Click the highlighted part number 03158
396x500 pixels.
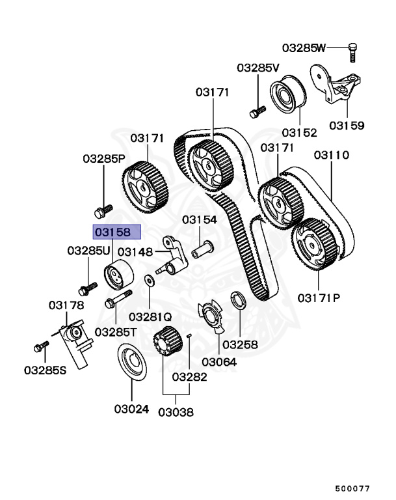tap(114, 231)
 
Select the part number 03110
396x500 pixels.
tap(332, 156)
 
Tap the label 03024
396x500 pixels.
tap(131, 410)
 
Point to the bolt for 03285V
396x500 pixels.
tap(257, 111)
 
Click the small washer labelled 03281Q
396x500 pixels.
tap(150, 281)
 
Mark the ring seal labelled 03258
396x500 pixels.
tap(239, 301)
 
